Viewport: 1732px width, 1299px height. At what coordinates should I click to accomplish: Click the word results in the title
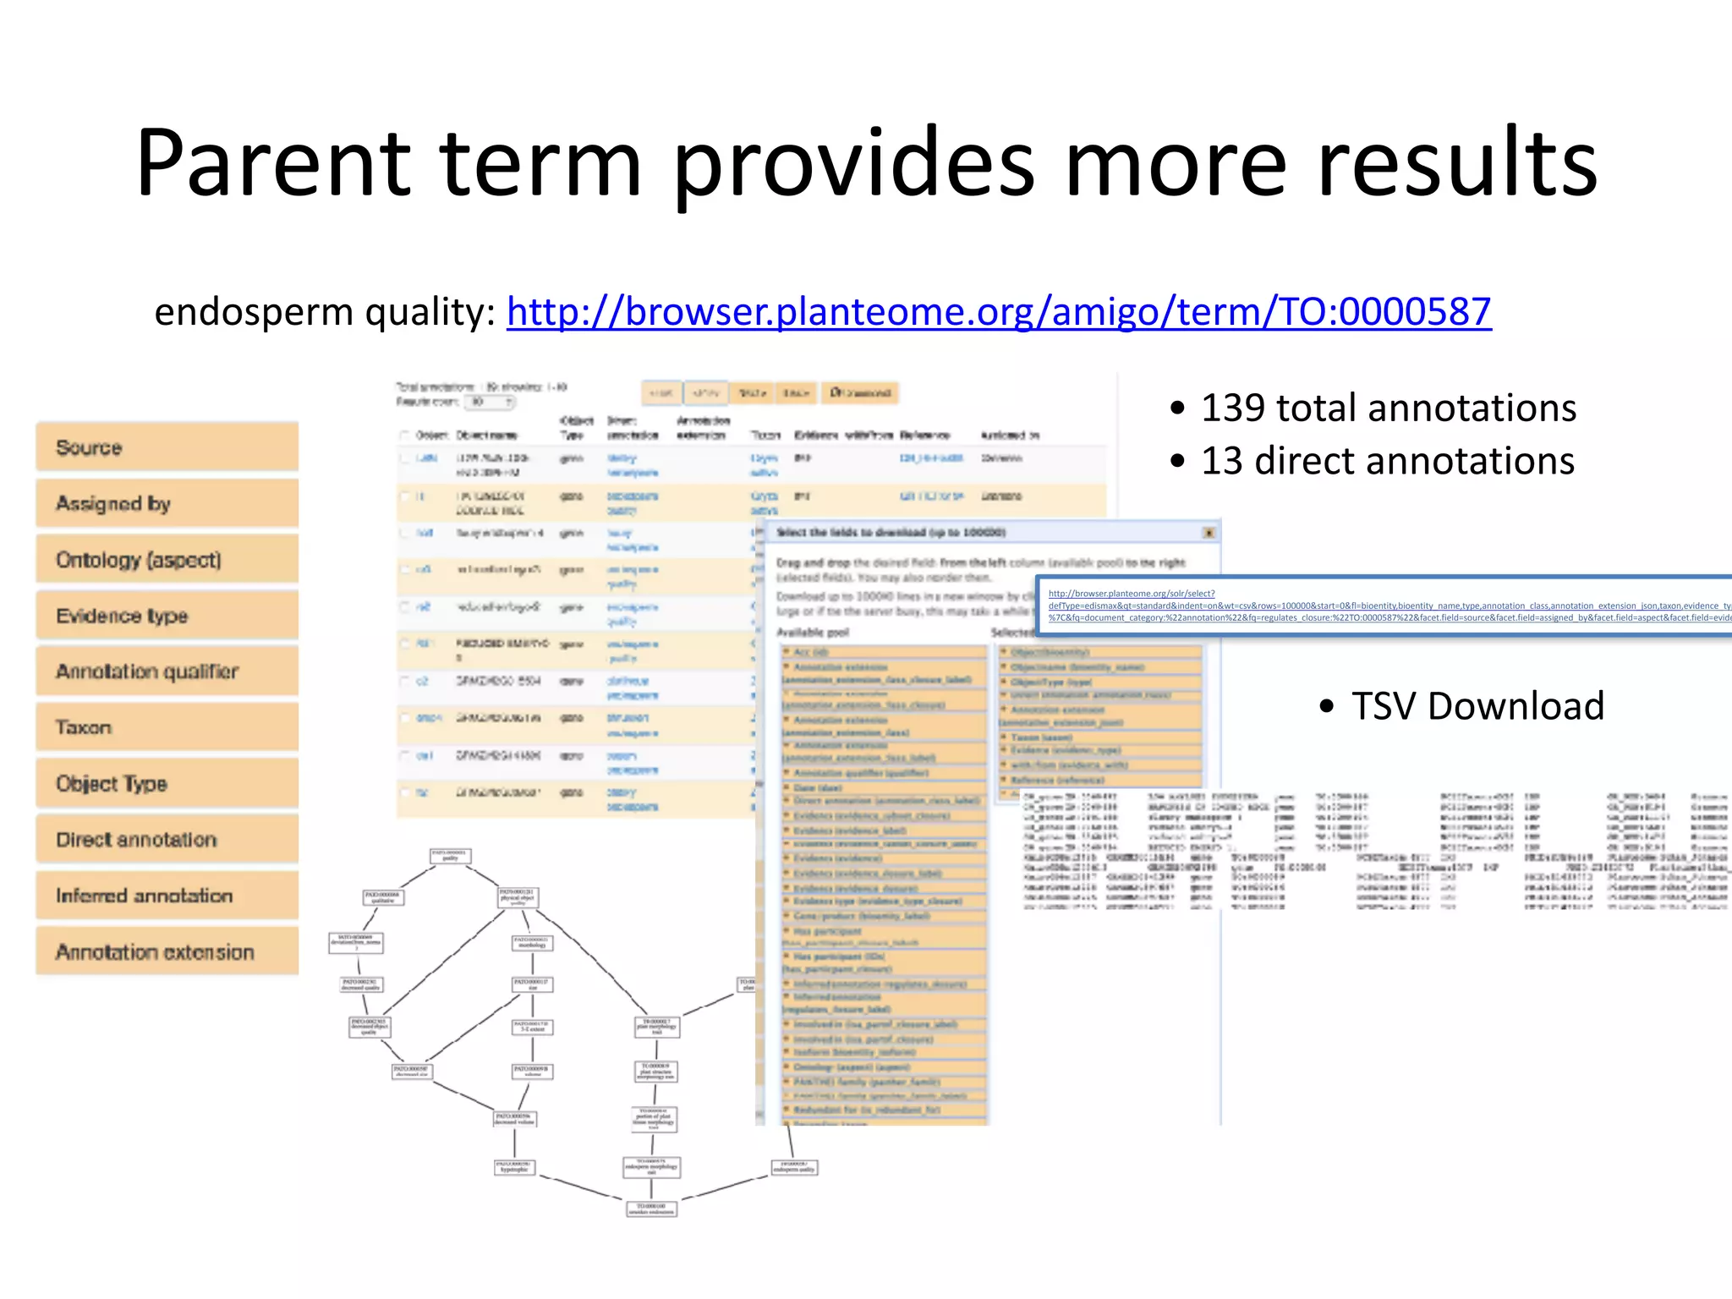point(1456,162)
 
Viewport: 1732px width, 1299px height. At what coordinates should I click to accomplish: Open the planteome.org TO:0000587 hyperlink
point(998,311)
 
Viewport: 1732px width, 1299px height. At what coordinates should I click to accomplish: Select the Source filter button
point(167,447)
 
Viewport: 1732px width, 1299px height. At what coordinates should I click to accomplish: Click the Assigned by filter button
point(167,503)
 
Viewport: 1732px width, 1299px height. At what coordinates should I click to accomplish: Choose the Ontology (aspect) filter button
point(167,560)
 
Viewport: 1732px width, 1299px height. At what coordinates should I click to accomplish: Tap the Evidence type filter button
point(167,616)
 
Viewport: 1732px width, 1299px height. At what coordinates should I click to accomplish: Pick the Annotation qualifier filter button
point(167,671)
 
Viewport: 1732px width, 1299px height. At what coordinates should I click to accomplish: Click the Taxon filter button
point(167,727)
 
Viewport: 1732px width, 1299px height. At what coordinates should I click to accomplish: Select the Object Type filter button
point(167,784)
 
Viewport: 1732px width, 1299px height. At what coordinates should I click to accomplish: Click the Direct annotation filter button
point(167,840)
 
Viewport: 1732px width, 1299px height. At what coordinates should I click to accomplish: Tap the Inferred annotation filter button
point(167,896)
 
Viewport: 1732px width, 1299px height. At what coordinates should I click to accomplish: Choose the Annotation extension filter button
point(167,952)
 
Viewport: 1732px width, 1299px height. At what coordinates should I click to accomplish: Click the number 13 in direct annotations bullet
point(1221,462)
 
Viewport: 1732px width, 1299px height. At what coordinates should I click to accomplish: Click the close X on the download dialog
point(1209,533)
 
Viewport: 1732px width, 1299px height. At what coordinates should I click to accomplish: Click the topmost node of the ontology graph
point(450,856)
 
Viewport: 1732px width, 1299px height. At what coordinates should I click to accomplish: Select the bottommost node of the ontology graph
point(651,1209)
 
